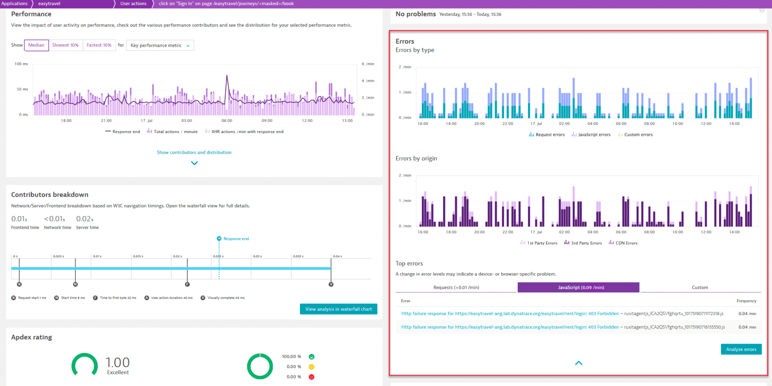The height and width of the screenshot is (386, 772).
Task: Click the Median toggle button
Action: tap(36, 45)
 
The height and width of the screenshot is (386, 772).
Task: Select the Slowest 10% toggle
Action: tap(65, 45)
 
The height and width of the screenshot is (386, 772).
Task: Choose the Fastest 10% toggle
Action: tap(99, 45)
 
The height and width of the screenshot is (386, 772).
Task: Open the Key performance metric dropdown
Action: tap(160, 45)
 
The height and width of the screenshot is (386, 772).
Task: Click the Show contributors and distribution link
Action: tap(194, 152)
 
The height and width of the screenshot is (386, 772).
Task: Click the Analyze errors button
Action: tap(741, 349)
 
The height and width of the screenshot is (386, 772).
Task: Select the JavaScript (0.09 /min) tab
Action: tap(579, 288)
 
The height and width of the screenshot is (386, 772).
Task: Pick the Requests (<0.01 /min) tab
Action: tap(456, 288)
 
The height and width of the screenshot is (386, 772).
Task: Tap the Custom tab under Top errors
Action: tap(700, 288)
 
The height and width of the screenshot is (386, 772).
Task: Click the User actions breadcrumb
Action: tap(133, 3)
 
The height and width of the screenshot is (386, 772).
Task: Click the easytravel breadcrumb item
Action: tap(49, 3)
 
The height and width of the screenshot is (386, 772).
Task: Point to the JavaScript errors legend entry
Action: tap(593, 135)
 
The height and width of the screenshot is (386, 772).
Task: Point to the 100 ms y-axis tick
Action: tap(21, 64)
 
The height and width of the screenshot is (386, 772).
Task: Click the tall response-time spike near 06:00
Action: tap(227, 76)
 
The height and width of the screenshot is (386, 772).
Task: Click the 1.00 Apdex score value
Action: tap(118, 362)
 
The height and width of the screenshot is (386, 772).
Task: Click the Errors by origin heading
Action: tap(416, 159)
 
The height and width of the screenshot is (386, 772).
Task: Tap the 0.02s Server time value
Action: tap(84, 219)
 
